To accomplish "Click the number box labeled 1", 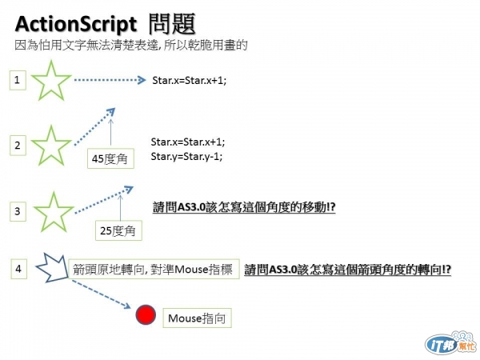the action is point(18,79).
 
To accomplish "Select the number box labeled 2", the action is point(18,145).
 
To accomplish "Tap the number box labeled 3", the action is point(18,211).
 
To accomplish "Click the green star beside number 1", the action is point(50,81).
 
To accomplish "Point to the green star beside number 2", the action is point(50,146).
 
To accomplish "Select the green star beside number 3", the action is point(50,213).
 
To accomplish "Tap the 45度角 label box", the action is point(110,158).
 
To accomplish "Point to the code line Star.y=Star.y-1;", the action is point(186,156).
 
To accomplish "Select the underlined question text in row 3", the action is point(243,206).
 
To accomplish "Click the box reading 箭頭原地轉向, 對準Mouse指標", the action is point(154,270).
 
